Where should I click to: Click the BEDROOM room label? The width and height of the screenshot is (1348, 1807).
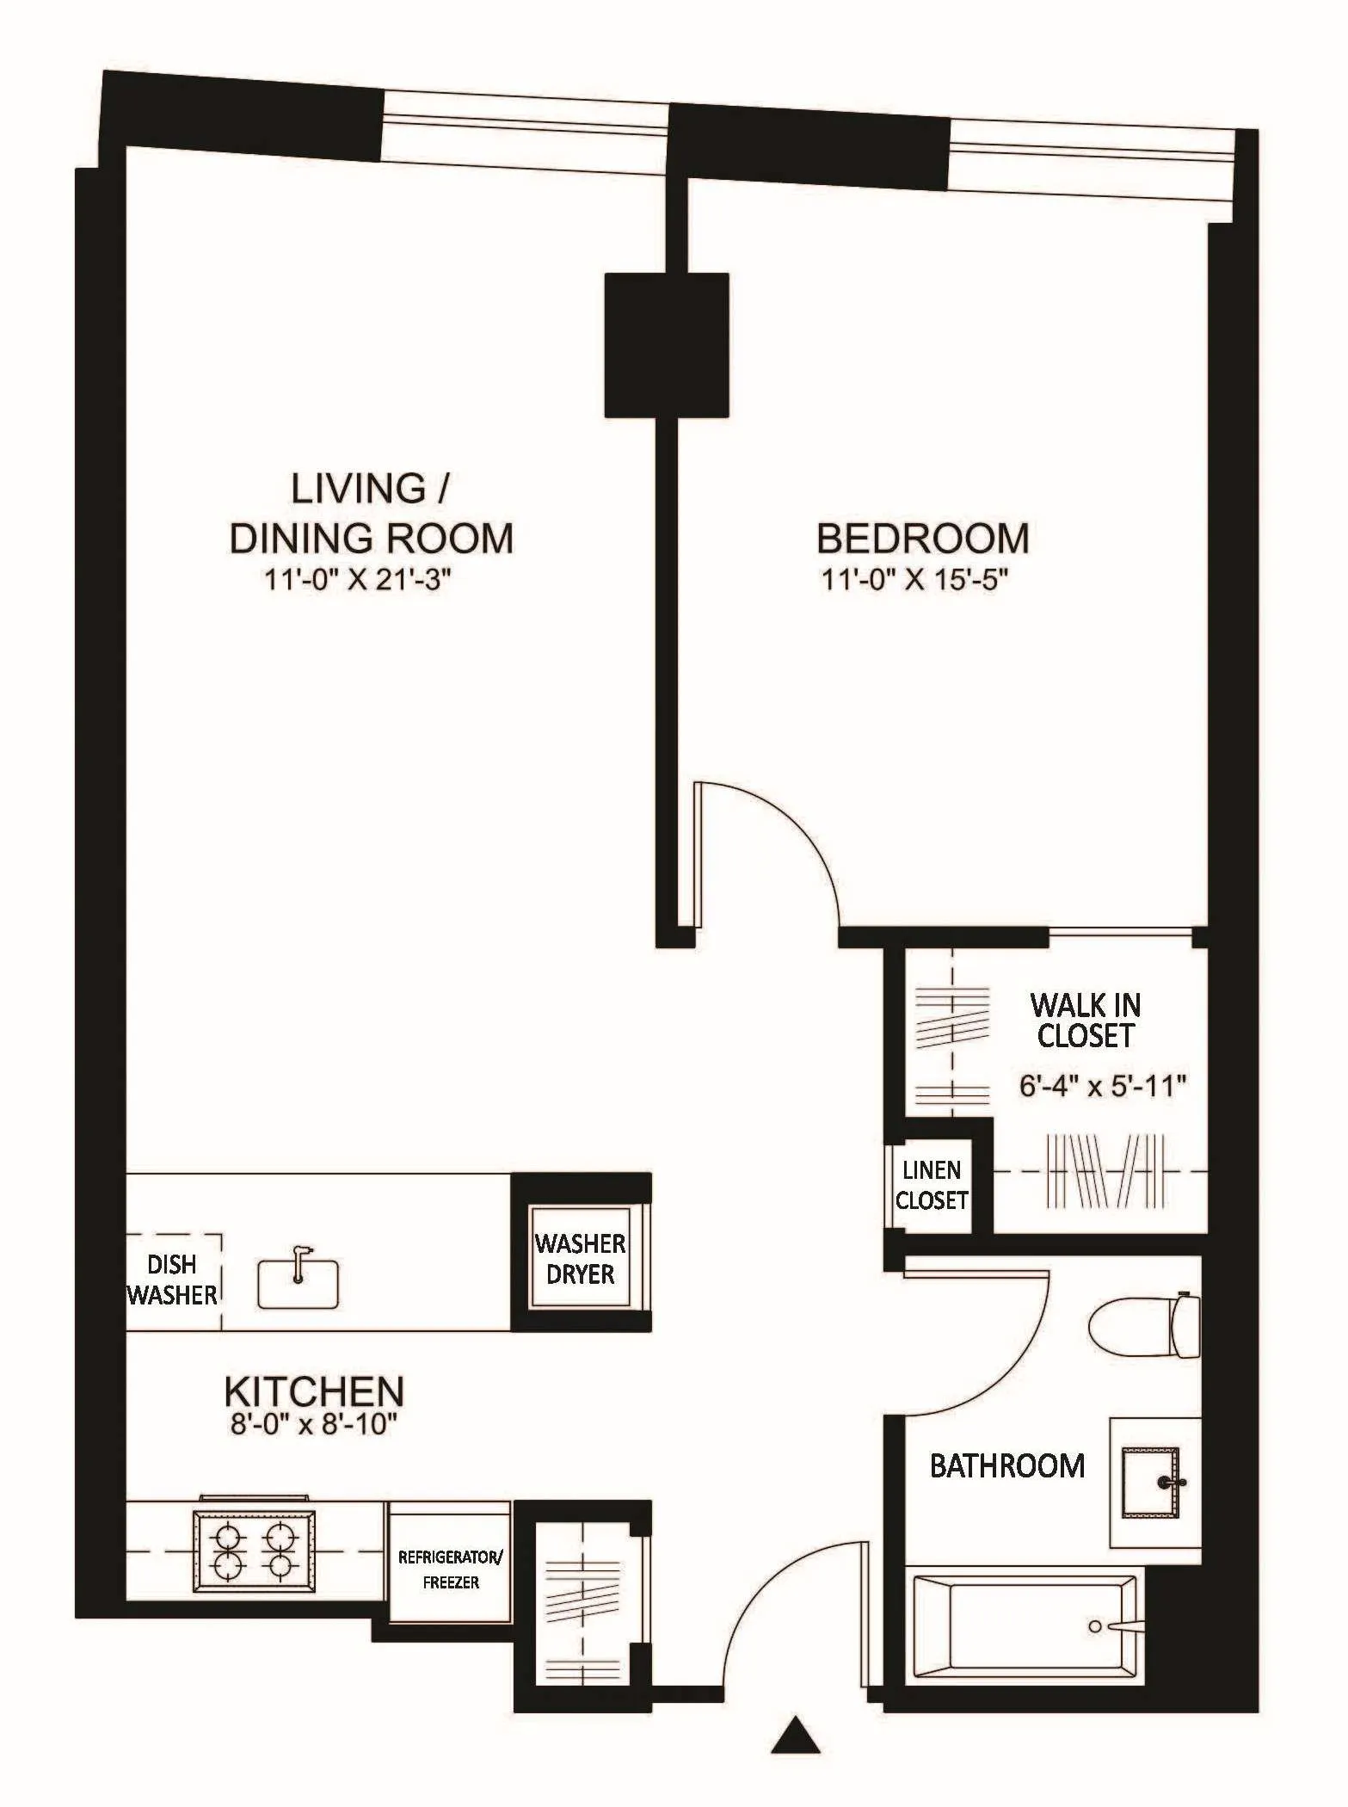[922, 539]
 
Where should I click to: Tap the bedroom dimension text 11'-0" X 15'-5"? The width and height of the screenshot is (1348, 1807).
[914, 580]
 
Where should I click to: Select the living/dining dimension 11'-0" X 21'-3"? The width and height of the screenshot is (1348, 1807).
[357, 580]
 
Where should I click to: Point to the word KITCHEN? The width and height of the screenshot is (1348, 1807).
[313, 1392]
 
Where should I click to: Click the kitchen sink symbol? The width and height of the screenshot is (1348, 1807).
[299, 1284]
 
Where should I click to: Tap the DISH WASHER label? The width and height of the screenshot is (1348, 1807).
[172, 1280]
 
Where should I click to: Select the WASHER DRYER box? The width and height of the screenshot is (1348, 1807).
[580, 1258]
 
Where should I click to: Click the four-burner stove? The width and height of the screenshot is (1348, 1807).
[254, 1551]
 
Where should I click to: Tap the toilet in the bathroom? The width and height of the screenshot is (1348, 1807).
[1144, 1326]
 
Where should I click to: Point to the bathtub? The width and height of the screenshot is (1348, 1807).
[1024, 1625]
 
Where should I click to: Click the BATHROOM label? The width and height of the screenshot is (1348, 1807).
[1007, 1466]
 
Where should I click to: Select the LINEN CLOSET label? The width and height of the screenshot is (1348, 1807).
[932, 1185]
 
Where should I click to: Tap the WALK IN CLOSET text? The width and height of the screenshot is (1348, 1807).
[1085, 1020]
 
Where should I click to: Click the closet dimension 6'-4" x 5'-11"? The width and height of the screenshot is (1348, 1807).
[1103, 1086]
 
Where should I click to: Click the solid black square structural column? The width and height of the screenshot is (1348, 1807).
[667, 345]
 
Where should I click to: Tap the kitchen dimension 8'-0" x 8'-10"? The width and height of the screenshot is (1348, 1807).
[313, 1424]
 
